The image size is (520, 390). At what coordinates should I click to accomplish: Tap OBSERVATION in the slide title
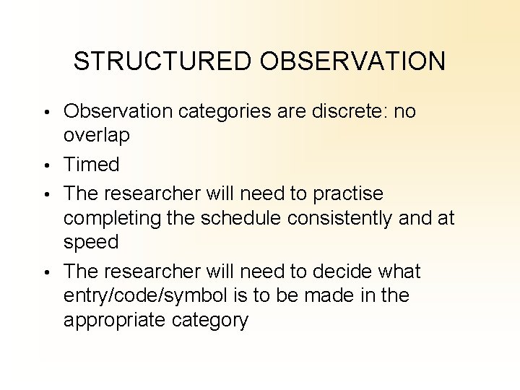[x=353, y=61]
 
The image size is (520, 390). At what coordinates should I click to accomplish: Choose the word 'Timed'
[x=92, y=165]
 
